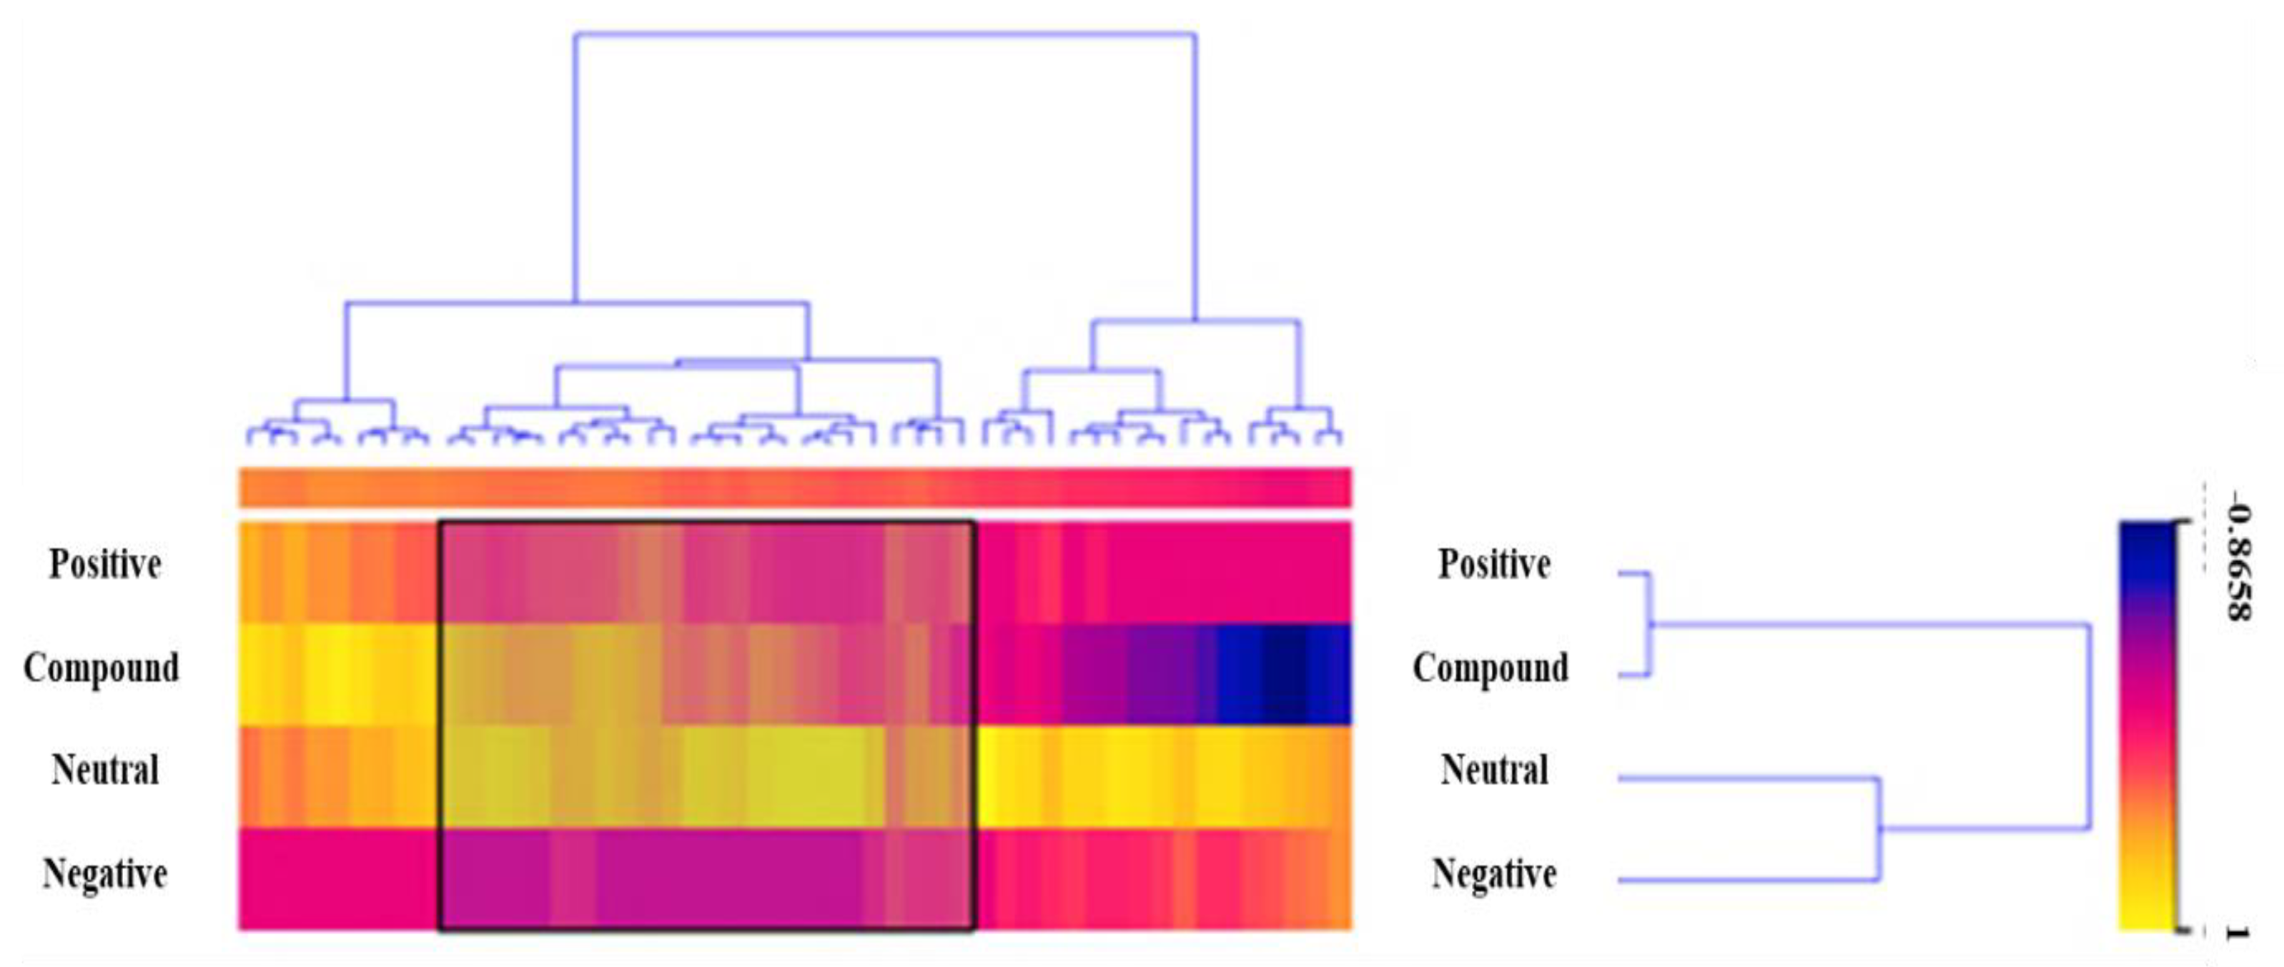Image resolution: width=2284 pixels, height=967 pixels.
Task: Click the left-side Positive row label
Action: (104, 565)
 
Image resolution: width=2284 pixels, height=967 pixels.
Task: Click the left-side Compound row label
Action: (101, 668)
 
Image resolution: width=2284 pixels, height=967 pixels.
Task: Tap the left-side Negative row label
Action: (104, 874)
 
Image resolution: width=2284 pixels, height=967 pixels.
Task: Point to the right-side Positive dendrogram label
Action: (1494, 565)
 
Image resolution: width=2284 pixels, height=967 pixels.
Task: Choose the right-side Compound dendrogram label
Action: (1490, 668)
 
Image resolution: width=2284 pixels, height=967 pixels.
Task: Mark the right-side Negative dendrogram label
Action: (1494, 874)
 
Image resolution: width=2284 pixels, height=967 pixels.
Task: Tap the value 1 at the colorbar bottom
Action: (2238, 933)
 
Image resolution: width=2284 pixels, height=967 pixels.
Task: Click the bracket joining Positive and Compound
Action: (1649, 624)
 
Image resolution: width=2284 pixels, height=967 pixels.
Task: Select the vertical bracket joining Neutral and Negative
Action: (1879, 830)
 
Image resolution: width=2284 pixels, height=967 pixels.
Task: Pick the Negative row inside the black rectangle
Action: (707, 879)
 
